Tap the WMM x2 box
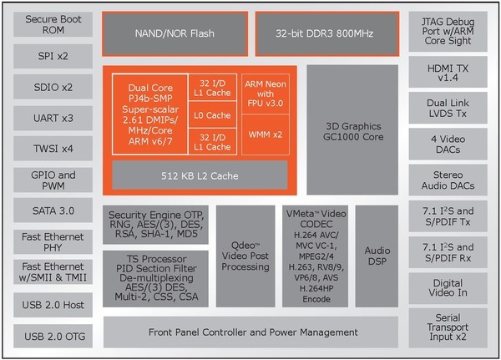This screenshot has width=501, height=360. pos(266,134)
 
